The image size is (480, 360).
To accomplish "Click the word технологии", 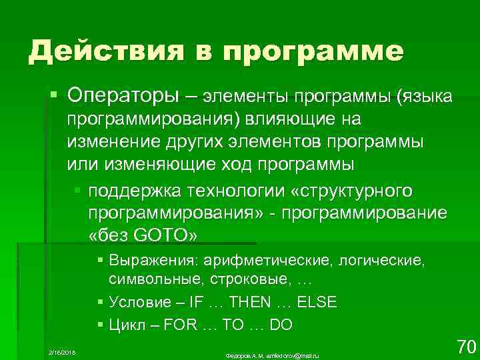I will pyautogui.click(x=239, y=191).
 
